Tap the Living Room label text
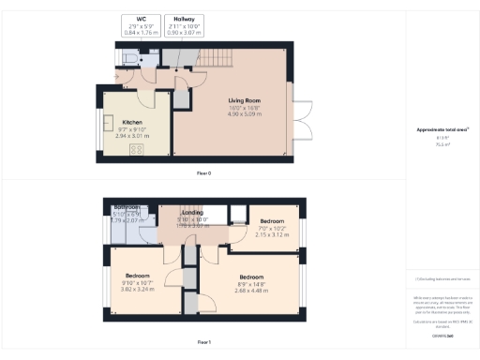coord(245,101)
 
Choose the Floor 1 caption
coord(203,343)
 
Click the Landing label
coord(191,213)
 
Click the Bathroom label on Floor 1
coord(127,207)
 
